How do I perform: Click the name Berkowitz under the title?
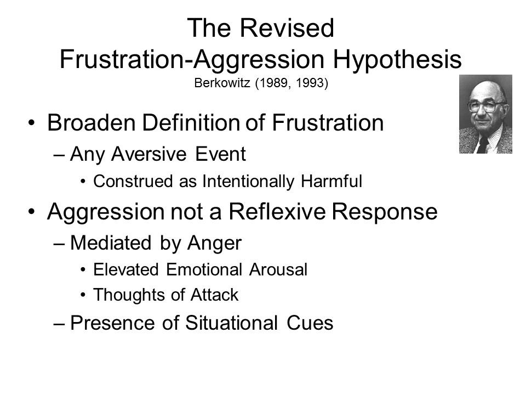[x=222, y=83]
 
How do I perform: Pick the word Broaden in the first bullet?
[x=92, y=122]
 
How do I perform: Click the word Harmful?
[x=331, y=182]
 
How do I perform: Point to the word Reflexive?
[x=277, y=212]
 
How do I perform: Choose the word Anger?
[x=214, y=244]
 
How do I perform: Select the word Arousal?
[x=278, y=270]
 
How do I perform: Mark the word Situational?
[x=231, y=323]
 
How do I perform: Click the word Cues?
[x=310, y=323]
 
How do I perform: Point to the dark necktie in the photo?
[x=483, y=144]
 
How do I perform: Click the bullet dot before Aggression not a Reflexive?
[x=32, y=212]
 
